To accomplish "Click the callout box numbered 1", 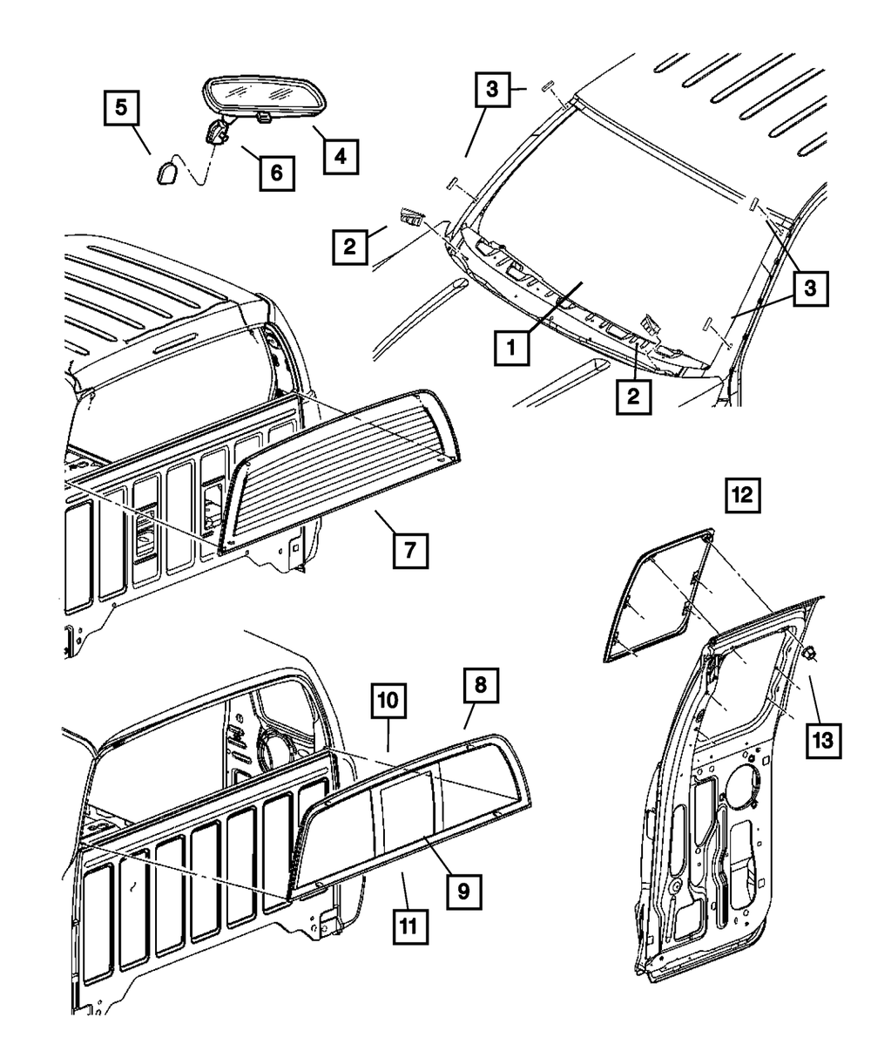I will tap(513, 350).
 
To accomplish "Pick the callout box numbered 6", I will tap(275, 173).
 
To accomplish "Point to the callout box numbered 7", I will tap(409, 549).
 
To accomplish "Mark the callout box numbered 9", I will tap(463, 890).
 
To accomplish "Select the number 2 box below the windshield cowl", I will tap(634, 397).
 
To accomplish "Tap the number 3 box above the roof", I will tap(492, 90).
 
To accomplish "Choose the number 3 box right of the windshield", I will tap(810, 289).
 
